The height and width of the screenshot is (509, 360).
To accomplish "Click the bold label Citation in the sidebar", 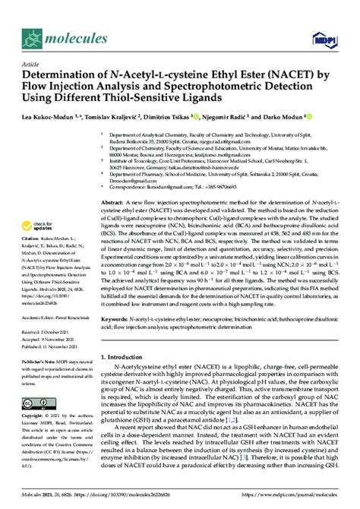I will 34,239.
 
